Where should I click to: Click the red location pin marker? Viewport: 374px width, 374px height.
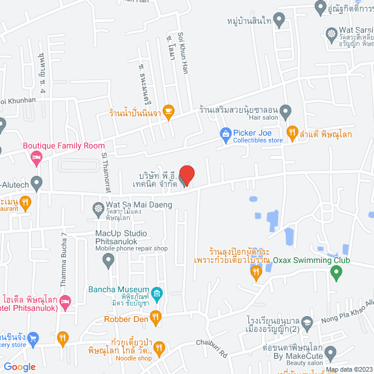point(186,175)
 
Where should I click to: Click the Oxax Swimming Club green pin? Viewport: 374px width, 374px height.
point(335,272)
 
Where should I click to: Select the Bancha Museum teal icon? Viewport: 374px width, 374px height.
point(156,292)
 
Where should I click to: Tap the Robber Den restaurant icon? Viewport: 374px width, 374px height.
point(155,318)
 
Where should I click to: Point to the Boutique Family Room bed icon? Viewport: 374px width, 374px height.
point(36,157)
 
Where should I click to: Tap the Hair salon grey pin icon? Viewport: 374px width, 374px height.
point(285,110)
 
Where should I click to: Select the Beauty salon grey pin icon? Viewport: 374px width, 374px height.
point(331,353)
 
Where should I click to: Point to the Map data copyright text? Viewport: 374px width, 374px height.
point(348,369)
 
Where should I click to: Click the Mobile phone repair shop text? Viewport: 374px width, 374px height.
point(131,248)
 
